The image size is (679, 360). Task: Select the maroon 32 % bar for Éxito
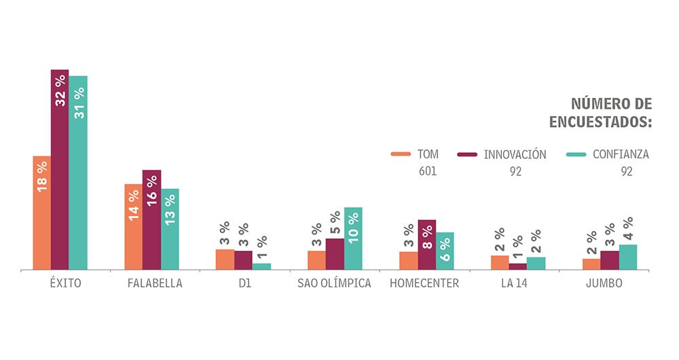coord(60,170)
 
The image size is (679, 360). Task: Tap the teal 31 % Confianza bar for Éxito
coord(78,173)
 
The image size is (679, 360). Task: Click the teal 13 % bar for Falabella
coord(170,229)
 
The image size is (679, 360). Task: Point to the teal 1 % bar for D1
coord(261,266)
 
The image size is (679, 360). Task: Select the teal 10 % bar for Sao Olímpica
coord(353,238)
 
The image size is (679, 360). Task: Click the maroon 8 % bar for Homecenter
coord(426,245)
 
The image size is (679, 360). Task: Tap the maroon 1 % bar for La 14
coord(517,266)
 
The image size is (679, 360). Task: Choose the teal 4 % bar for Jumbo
coord(628,257)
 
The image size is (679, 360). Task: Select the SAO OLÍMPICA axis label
coord(334,283)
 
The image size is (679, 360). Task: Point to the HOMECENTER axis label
coord(424,283)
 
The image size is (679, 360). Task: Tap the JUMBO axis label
coord(604,283)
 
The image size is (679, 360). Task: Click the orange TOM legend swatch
coord(401,154)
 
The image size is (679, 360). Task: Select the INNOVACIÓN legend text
coord(515,154)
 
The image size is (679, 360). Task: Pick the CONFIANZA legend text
coord(621,154)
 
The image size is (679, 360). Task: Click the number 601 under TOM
coord(428,172)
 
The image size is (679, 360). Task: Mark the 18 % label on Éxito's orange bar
coord(42,176)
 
